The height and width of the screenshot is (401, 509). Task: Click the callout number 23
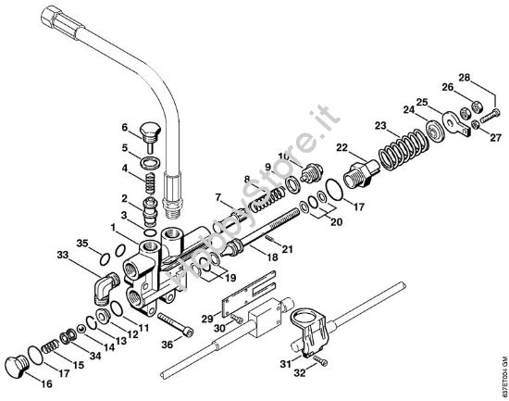pyautogui.click(x=379, y=125)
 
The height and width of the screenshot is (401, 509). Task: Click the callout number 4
pyautogui.click(x=123, y=169)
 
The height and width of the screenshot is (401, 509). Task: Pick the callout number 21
pyautogui.click(x=289, y=249)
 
